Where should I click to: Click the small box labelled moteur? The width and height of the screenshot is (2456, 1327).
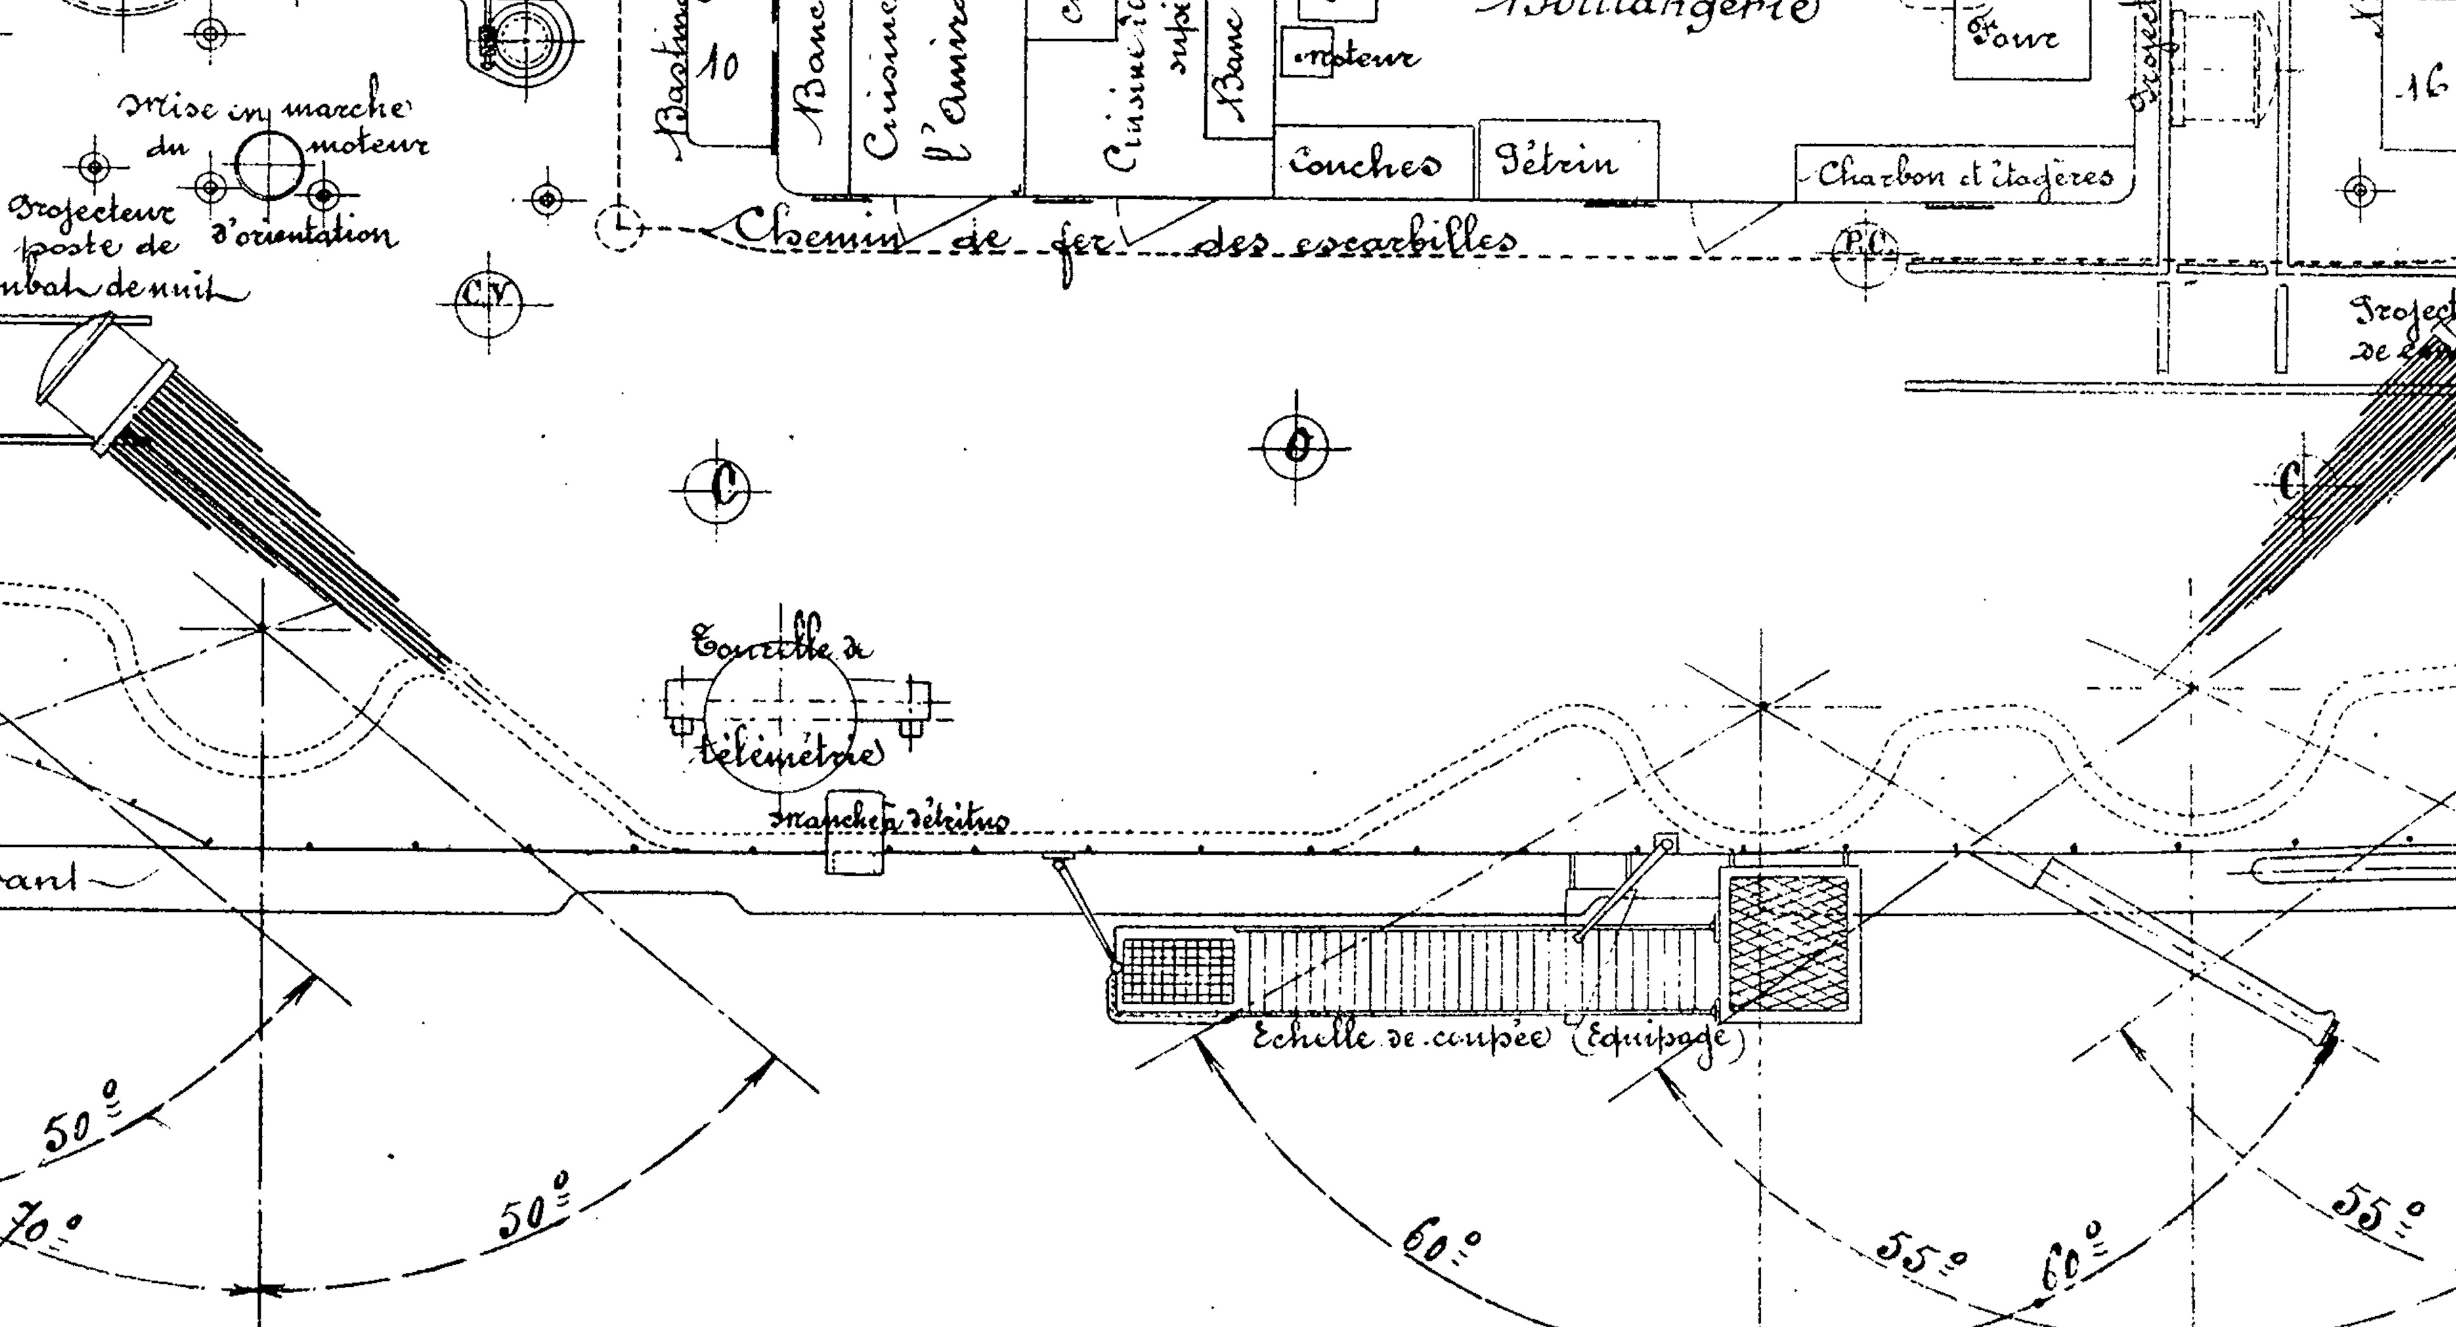click(x=1307, y=52)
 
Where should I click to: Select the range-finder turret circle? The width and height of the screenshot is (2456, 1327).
click(x=780, y=722)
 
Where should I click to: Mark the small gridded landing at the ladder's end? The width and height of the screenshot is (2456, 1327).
click(x=1178, y=971)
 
